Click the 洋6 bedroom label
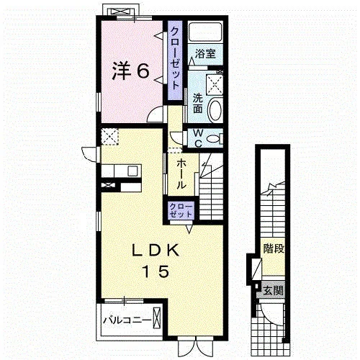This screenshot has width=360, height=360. coord(131,71)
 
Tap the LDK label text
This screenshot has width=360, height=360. coord(156,251)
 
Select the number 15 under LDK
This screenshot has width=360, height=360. coord(156,271)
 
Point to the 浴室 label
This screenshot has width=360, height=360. coord(204,53)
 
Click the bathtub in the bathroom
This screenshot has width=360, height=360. coord(205,32)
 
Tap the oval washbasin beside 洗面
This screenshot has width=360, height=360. coord(215,110)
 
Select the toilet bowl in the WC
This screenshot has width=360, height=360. coord(214,139)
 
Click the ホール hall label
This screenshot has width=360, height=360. coord(181,174)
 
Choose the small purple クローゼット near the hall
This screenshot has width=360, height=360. coord(181,210)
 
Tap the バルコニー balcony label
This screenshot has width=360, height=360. coord(127,320)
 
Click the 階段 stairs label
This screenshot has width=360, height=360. coord(274,248)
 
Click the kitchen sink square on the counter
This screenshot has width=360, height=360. coord(132,171)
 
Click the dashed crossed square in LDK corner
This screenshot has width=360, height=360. coord(109,137)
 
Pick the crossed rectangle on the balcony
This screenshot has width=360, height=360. coord(157,318)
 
